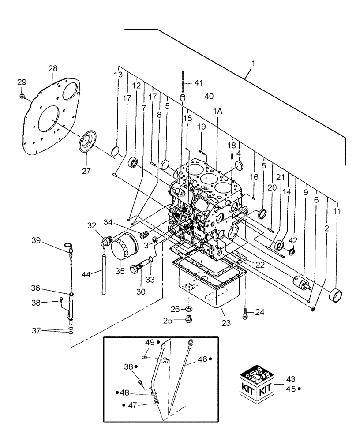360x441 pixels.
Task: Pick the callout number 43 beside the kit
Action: point(290,379)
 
